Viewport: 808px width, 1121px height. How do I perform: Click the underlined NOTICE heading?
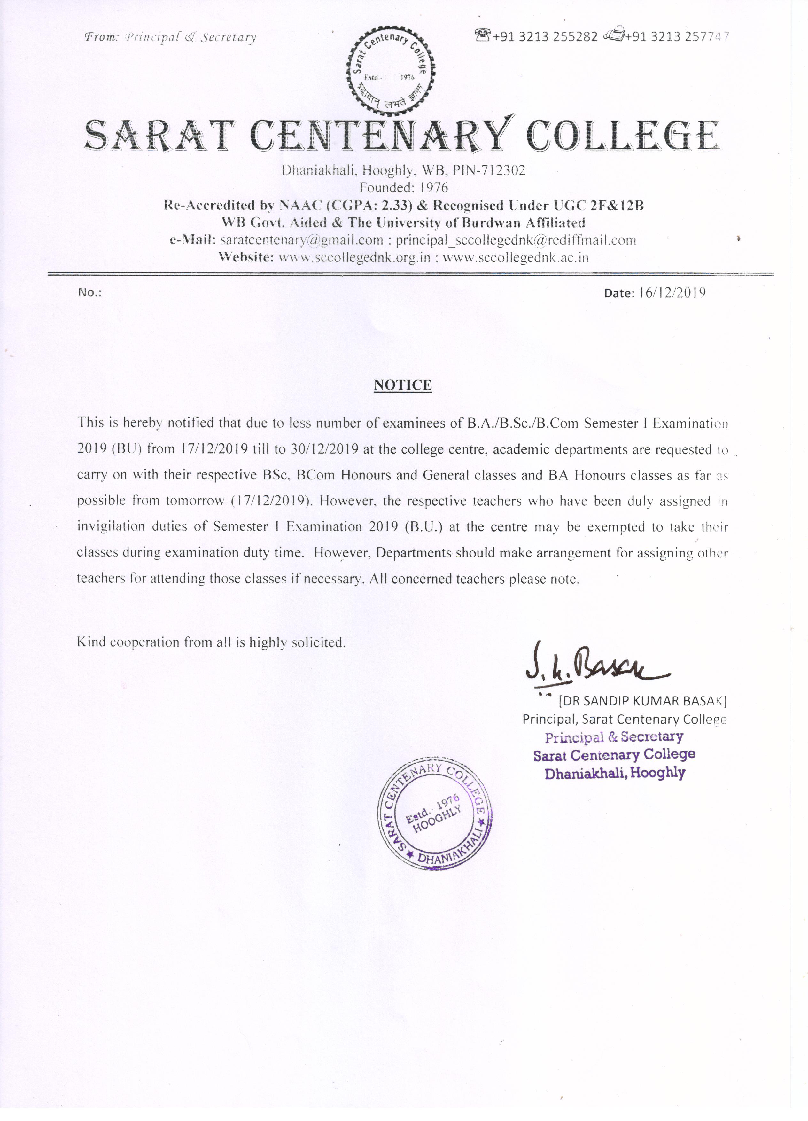pyautogui.click(x=403, y=385)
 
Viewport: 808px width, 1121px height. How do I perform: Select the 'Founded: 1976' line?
pyautogui.click(x=403, y=188)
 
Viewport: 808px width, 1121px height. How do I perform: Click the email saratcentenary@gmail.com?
pyautogui.click(x=301, y=240)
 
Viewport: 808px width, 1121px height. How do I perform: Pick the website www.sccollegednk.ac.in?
pyautogui.click(x=516, y=258)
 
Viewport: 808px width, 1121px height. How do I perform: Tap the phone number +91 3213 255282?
pyautogui.click(x=545, y=36)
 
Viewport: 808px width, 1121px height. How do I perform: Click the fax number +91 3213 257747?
pyautogui.click(x=677, y=36)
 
